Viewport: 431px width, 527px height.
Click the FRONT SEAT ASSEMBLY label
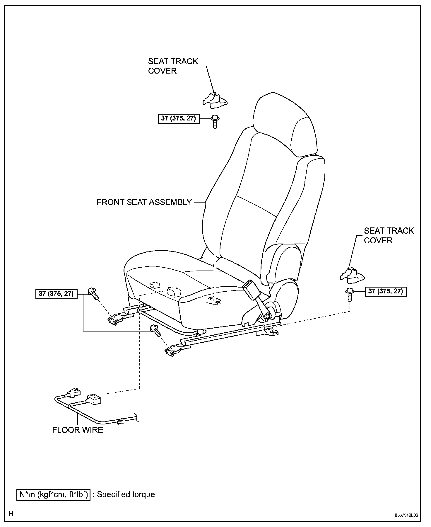144,202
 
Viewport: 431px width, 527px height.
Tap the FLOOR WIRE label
78,430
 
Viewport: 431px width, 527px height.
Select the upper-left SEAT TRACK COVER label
173,66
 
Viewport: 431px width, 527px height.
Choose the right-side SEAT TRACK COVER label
389,235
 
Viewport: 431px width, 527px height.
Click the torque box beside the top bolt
179,118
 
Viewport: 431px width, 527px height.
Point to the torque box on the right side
386,291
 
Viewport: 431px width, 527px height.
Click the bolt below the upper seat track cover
215,121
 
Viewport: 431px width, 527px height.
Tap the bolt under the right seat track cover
349,294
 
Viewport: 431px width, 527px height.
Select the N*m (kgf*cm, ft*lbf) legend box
53,494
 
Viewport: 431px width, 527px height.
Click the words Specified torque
126,494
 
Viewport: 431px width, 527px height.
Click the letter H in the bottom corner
11,514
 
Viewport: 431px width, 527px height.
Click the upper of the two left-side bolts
92,293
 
